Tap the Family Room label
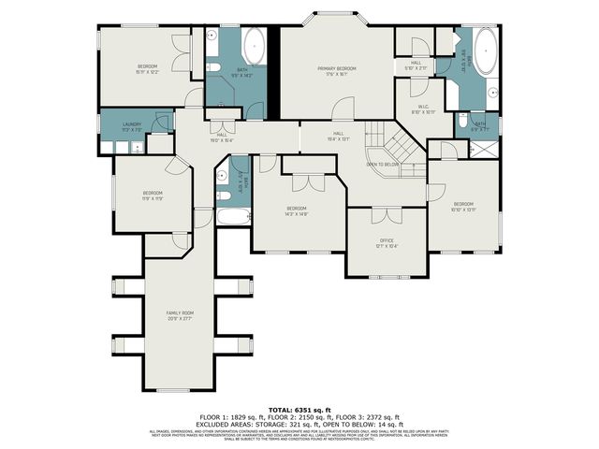tap(180, 314)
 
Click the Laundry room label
tap(130, 125)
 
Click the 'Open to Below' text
tap(384, 165)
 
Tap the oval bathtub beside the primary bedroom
tap(254, 48)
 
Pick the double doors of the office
tap(380, 215)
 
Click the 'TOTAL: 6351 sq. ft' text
tap(299, 410)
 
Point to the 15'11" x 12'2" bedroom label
tap(148, 67)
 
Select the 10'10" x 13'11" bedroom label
tap(465, 206)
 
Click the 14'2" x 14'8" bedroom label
tap(297, 210)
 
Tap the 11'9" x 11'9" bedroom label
tap(153, 196)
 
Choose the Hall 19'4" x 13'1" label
tap(338, 137)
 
